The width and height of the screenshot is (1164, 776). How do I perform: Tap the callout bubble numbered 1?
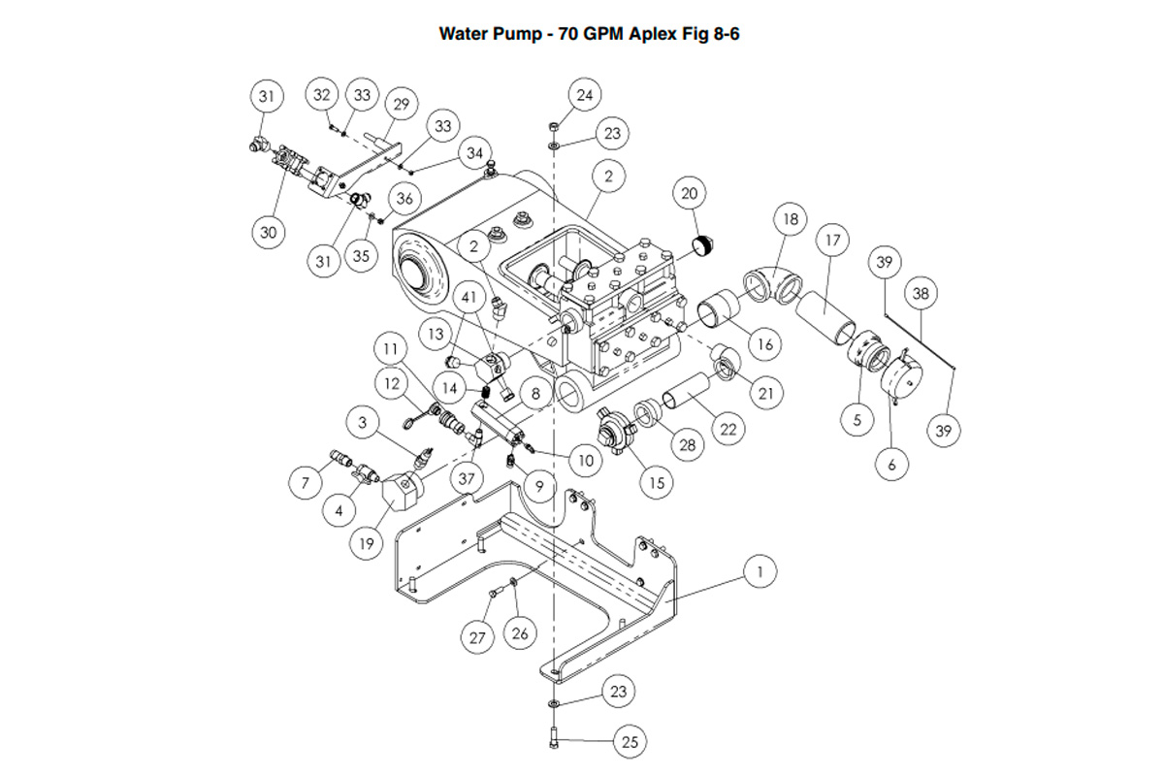coord(760,572)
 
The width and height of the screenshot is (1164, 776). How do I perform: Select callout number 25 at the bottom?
coord(630,743)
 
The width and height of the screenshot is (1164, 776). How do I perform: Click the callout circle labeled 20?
coord(689,194)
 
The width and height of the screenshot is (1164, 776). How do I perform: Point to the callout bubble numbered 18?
coord(791,219)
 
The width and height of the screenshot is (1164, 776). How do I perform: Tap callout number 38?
coord(921,292)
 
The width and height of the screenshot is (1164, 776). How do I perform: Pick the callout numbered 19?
coord(366,543)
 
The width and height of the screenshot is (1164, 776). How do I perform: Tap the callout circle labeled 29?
coord(400,104)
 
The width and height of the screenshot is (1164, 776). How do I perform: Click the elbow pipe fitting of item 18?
coord(774,283)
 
